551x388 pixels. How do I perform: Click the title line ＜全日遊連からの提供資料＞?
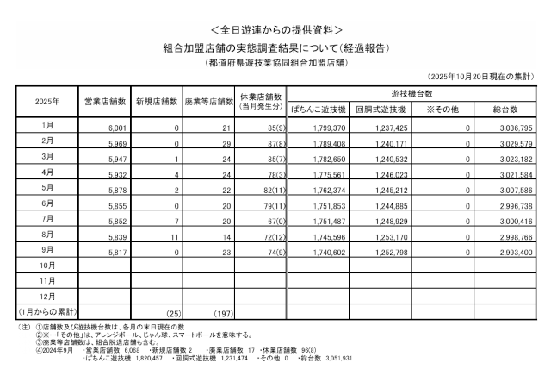coord(275,29)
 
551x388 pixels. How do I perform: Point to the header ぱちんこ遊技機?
coord(318,110)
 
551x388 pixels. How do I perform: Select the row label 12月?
coord(47,295)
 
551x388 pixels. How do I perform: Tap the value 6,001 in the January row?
coord(118,128)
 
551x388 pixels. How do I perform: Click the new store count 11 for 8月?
coord(172,234)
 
